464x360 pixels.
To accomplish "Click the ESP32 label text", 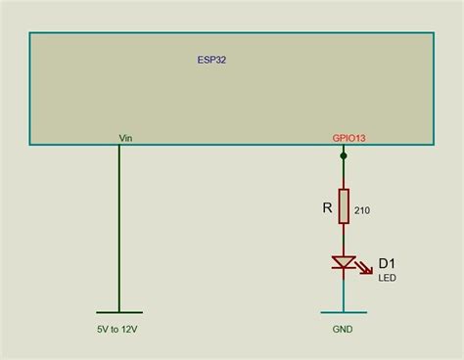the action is click(x=211, y=60).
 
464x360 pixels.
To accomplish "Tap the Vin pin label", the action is click(x=125, y=138).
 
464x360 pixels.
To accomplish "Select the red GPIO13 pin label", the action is click(x=348, y=138).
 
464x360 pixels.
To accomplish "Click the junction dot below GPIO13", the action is click(x=344, y=157).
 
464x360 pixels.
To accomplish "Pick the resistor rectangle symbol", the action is click(x=344, y=206).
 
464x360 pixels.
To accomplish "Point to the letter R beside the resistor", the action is click(x=327, y=207).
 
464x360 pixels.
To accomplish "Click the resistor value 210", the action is click(x=362, y=210).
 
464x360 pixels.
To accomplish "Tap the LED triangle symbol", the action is click(x=344, y=262).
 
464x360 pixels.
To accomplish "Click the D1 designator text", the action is click(x=387, y=263).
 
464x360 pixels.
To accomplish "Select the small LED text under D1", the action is click(x=388, y=278).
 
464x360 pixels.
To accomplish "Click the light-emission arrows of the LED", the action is click(x=364, y=267).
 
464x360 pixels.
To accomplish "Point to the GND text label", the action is click(x=343, y=330).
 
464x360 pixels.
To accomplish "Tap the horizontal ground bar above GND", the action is click(x=344, y=312).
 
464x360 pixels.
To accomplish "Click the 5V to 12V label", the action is click(x=117, y=330).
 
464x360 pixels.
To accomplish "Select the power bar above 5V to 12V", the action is click(x=119, y=312).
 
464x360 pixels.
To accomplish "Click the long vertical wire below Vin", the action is click(x=119, y=228).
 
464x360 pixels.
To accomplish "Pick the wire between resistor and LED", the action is click(x=344, y=240).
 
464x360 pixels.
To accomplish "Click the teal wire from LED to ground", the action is click(x=344, y=295).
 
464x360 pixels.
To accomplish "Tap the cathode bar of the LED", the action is click(x=344, y=268).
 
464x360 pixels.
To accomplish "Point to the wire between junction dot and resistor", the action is click(x=344, y=174).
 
